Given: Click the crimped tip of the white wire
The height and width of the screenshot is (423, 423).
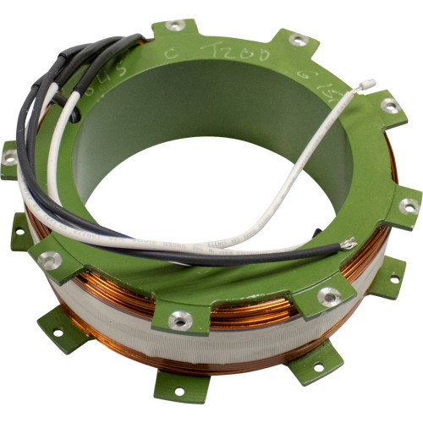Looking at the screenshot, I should (x=367, y=83).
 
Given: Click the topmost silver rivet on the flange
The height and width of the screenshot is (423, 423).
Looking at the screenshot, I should (x=175, y=25).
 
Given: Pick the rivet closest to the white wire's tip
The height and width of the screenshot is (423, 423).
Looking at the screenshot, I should (x=390, y=106).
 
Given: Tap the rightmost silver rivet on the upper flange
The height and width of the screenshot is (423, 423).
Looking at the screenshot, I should (x=409, y=205).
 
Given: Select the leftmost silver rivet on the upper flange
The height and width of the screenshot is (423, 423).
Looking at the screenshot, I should (x=9, y=157).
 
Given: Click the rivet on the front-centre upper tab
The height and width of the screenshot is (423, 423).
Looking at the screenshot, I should (x=179, y=319).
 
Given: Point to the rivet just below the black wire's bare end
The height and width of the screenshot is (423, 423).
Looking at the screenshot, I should (x=328, y=295).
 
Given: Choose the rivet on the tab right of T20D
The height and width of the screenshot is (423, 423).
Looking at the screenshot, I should (x=299, y=39).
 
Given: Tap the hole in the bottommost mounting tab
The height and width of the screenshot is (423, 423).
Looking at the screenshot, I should (x=179, y=390).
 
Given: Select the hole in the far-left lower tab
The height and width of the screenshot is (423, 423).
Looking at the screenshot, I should (x=19, y=230).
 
